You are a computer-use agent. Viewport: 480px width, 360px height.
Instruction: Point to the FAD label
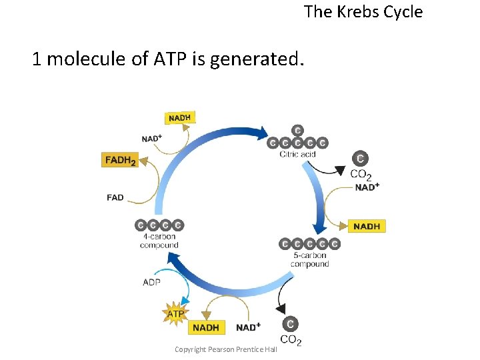coord(115,197)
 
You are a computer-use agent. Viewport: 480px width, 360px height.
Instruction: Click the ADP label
coord(152,282)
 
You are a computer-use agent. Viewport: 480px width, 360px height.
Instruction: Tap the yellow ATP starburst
coord(175,313)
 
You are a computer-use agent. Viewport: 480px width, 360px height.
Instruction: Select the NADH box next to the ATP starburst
coord(207,327)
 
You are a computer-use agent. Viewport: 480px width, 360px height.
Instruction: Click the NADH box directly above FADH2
coord(179,118)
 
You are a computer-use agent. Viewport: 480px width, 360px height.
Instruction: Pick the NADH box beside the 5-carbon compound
coord(367,226)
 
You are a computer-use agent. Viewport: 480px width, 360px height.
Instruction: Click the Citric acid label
coord(297,155)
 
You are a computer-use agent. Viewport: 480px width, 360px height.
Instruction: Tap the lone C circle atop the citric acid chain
coord(297,130)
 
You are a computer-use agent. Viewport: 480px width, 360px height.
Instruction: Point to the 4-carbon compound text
coord(159,241)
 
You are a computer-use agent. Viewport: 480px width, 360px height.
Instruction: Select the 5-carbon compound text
coord(310,259)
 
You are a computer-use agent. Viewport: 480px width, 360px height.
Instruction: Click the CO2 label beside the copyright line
coord(291,340)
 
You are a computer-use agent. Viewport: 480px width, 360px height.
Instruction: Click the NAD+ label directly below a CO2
coord(367,187)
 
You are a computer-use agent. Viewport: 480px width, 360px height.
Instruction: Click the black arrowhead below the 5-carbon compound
coord(281,307)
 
